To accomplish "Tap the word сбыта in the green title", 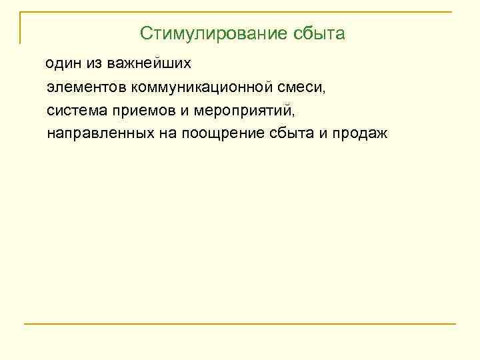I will click(319, 33).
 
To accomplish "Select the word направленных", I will click(101, 133).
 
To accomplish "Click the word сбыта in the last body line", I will click(299, 133).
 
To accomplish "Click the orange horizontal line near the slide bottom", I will click(240, 324).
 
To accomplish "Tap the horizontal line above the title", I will click(240, 12).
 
